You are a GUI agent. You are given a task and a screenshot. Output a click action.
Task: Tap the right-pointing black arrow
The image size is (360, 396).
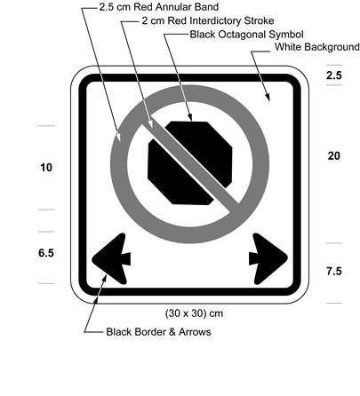pos(266,257)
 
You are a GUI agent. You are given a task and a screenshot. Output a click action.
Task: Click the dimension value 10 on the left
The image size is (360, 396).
pos(46,167)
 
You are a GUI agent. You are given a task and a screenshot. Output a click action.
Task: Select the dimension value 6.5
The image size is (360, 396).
pos(46,253)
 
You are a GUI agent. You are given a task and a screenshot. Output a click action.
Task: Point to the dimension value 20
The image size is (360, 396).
pos(333,156)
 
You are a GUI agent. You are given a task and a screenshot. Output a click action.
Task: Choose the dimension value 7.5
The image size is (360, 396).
pos(333,271)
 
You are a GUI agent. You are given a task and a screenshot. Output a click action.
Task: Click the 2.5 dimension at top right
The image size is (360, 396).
pos(333,77)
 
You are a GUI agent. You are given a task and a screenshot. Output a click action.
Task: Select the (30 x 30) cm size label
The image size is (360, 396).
pos(195,313)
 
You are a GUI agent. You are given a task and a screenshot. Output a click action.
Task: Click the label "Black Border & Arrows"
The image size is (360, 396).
pos(158,332)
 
